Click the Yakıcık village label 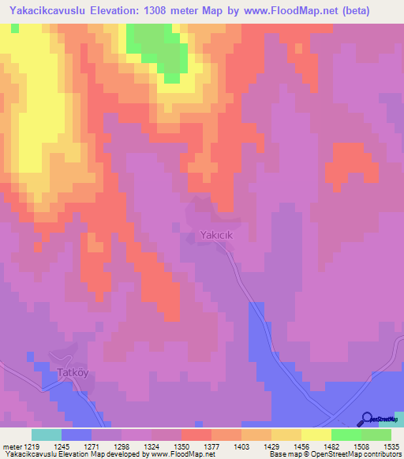click(218, 235)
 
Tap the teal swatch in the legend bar click(46, 435)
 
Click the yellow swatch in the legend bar click(316, 435)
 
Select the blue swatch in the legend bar click(77, 435)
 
